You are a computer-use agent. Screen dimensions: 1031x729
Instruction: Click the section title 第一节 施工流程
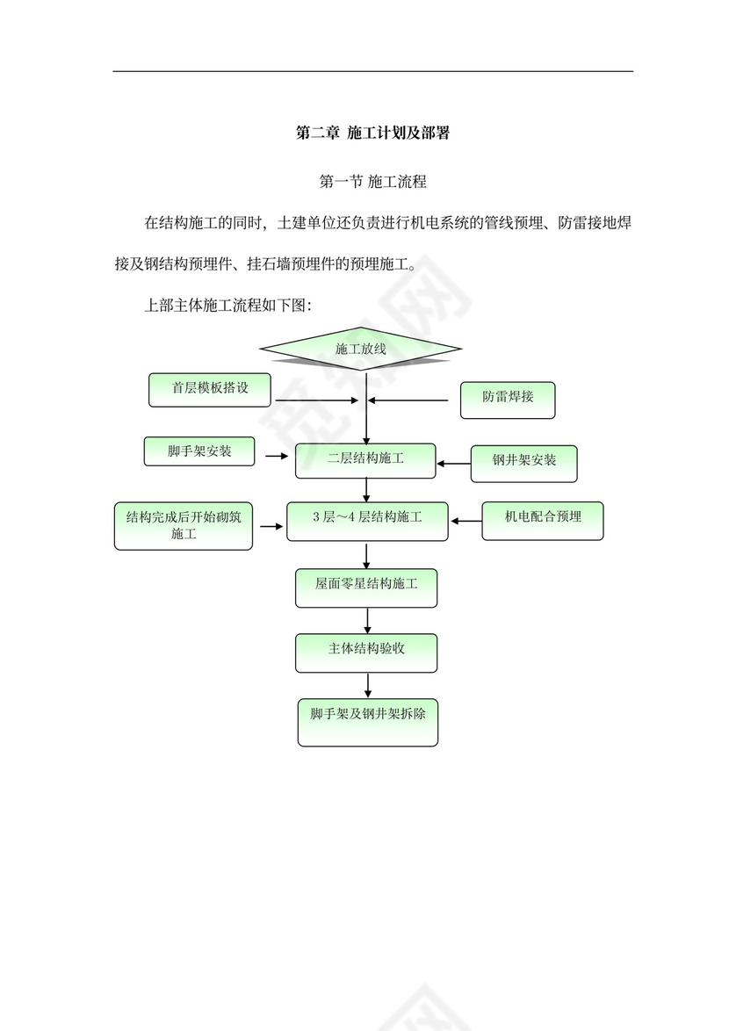372,183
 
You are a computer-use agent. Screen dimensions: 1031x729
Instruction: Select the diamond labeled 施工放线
361,350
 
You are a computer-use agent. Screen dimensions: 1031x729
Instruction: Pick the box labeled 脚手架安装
199,451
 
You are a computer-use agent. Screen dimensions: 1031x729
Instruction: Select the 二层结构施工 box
365,460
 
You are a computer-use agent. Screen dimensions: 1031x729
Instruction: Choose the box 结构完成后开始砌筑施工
184,525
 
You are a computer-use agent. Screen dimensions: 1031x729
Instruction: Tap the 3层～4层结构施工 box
367,520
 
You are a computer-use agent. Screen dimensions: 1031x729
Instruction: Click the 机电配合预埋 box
543,519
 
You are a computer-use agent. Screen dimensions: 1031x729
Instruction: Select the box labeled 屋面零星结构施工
366,587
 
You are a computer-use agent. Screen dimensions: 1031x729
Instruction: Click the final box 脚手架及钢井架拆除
367,721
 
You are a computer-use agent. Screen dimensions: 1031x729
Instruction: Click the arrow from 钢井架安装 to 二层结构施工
453,463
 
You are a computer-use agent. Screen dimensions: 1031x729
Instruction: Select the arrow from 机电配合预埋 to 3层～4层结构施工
466,521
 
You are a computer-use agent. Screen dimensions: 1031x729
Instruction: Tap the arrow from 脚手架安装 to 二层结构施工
277,456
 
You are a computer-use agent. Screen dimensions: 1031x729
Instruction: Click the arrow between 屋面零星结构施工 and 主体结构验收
367,619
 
